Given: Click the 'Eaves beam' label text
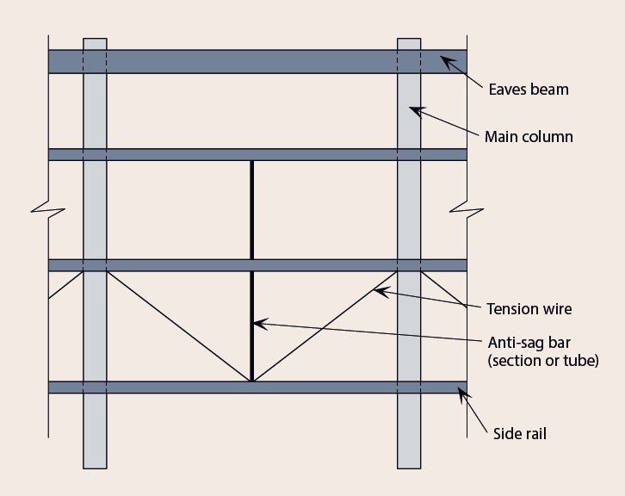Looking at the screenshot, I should coord(528,89).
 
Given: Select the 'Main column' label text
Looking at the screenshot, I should coord(529,137).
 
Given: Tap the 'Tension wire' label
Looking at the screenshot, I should coord(529,309).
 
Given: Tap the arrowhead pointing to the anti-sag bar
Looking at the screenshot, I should coord(257,325).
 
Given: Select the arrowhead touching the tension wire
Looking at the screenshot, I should coord(378,292).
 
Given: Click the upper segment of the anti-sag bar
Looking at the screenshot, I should coord(251,209).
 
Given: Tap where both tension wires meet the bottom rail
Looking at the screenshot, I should coord(251,380).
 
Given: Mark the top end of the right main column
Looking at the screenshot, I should coord(409,41).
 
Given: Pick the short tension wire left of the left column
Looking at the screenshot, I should coord(65,285).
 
